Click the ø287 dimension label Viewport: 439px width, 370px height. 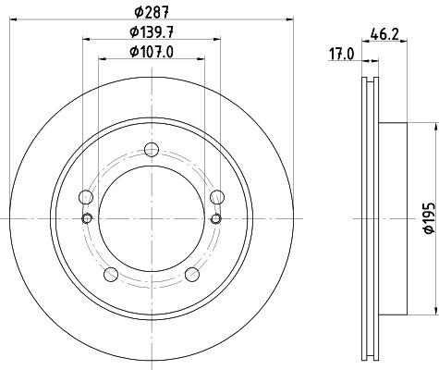[151, 11]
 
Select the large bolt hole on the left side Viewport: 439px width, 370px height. [87, 197]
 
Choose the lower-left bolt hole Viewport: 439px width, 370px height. [111, 274]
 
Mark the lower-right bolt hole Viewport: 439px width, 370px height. [192, 274]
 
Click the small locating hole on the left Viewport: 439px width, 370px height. [87, 217]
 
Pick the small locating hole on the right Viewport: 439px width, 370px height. [216, 217]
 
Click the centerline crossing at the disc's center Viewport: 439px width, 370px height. [152, 219]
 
